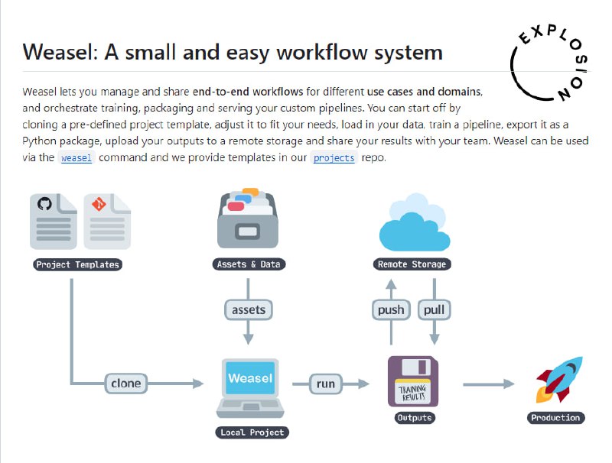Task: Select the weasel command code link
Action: click(76, 158)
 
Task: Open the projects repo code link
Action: click(334, 158)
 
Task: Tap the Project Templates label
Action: click(78, 265)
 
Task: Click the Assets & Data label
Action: click(248, 265)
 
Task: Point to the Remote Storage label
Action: click(412, 265)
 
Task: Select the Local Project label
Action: click(251, 432)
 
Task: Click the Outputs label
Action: click(414, 418)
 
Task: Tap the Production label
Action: click(556, 418)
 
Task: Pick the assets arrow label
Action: click(248, 310)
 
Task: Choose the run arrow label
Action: click(326, 384)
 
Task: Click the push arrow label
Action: click(392, 310)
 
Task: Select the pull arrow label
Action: click(434, 310)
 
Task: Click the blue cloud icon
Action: click(413, 222)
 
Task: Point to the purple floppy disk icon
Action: click(413, 381)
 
